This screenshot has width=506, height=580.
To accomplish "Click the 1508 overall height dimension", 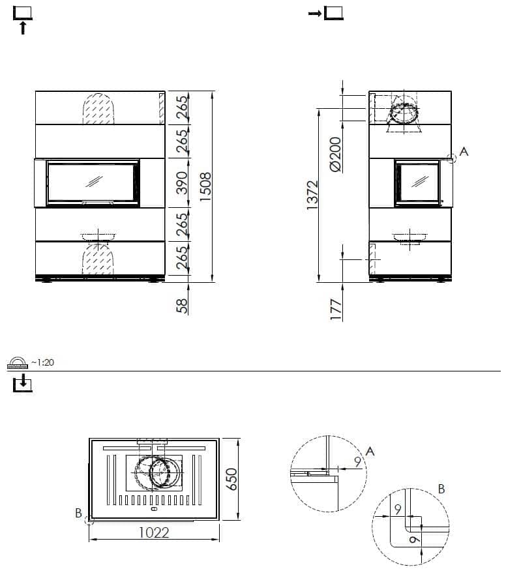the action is pos(205,187).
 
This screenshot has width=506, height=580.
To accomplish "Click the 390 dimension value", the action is pos(182,182).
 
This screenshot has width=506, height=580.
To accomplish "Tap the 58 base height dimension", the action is pos(182,306).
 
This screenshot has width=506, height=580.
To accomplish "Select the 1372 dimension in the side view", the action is pos(312,195).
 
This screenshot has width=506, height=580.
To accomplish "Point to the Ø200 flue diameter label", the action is pos(335,154).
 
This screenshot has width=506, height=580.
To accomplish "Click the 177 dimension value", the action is pos(336,310).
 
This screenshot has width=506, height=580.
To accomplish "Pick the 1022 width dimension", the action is pos(154,532).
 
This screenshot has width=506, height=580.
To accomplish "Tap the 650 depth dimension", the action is pos(231,480).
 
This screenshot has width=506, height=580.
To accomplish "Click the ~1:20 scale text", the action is pos(42,362).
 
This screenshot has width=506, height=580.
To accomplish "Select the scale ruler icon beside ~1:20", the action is pos(18,363).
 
